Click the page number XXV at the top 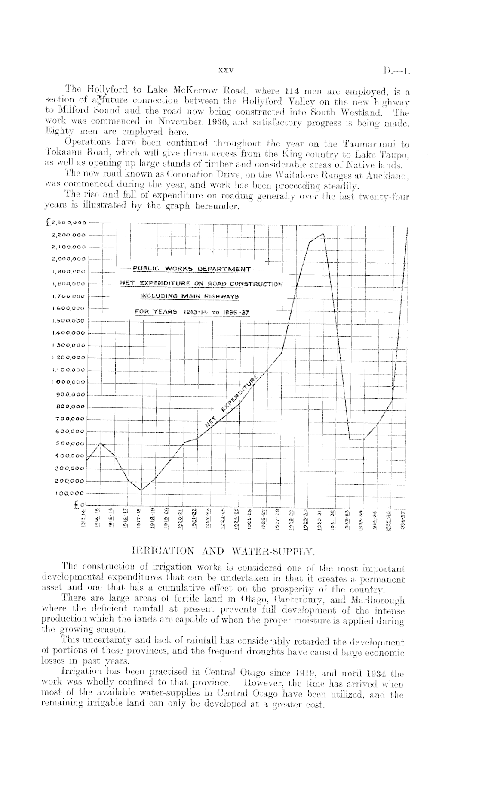(225, 70)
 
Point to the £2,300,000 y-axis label (66, 223)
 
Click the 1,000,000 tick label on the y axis (69, 382)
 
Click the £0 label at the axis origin (82, 505)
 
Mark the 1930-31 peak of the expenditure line (323, 233)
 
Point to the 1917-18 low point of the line (141, 490)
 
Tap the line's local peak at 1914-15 (101, 443)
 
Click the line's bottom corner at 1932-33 (350, 440)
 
